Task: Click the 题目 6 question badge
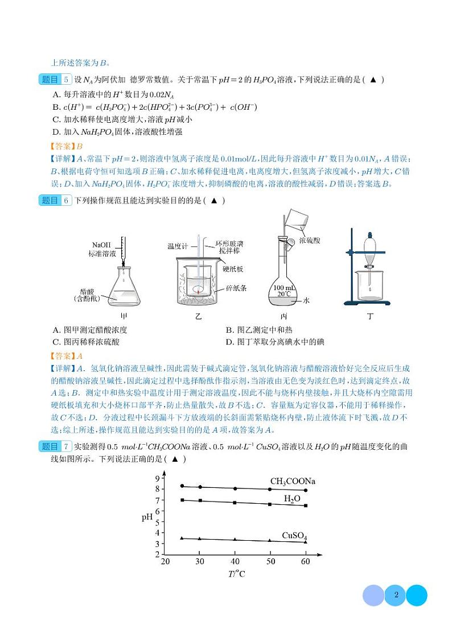(x=56, y=201)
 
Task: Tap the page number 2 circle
(x=395, y=596)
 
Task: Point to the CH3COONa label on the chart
(x=293, y=482)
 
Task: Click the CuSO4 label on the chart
(x=294, y=535)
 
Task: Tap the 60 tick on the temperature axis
(x=305, y=562)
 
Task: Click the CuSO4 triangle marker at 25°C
(x=182, y=538)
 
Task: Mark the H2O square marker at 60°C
(x=306, y=506)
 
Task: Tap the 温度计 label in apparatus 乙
(x=177, y=246)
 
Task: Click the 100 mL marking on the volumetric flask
(x=283, y=287)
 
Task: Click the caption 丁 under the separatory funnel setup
(x=371, y=316)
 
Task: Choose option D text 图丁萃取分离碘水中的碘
(x=275, y=342)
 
